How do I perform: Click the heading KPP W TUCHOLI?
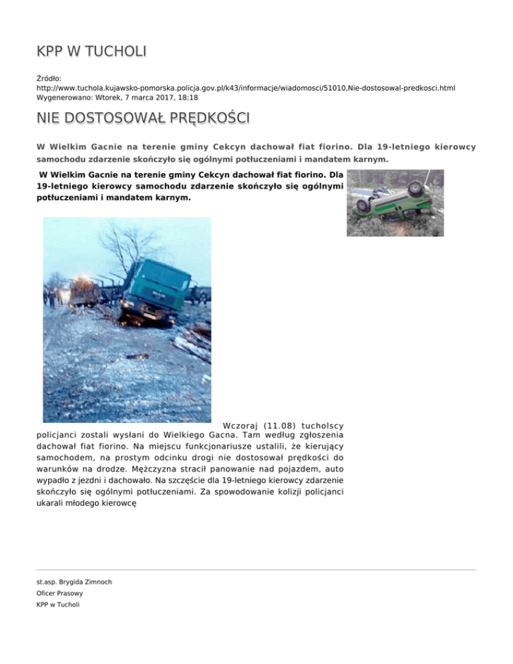92,51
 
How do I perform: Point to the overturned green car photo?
395,203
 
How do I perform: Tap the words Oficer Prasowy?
59,593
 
